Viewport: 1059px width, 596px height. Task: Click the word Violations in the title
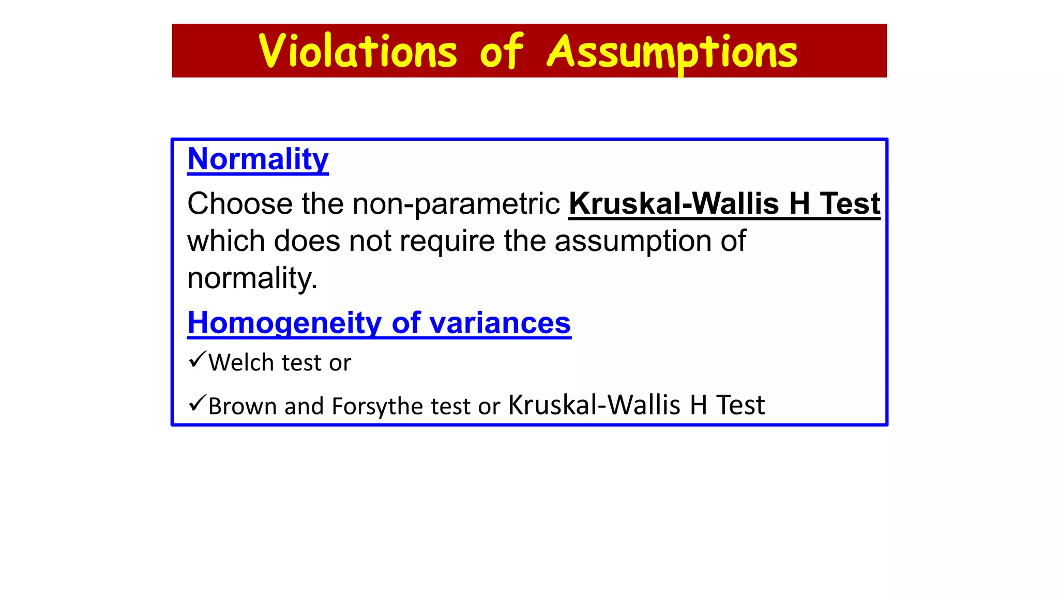pyautogui.click(x=358, y=52)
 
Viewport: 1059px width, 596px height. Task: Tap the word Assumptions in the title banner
pyautogui.click(x=672, y=52)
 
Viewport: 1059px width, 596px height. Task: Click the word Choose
pyautogui.click(x=239, y=203)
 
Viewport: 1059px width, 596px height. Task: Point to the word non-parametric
pyautogui.click(x=456, y=203)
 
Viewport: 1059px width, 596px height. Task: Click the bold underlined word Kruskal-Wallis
pyautogui.click(x=673, y=203)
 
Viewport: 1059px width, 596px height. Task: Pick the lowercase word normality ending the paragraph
pyautogui.click(x=252, y=278)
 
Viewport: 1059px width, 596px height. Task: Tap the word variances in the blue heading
pyautogui.click(x=500, y=323)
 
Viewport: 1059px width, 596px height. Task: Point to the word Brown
pyautogui.click(x=243, y=406)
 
